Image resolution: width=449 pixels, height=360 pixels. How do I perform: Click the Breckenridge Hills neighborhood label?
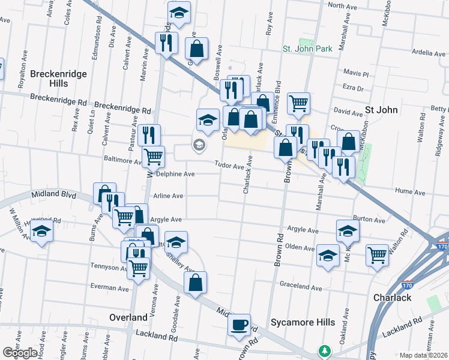59,78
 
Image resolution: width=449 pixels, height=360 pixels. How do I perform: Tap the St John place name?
379,110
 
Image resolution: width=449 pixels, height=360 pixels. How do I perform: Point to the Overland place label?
128,317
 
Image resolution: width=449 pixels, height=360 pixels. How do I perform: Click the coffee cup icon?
240,325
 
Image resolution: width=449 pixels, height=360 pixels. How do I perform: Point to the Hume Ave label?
410,192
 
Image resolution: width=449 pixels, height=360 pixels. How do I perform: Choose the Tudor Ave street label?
230,166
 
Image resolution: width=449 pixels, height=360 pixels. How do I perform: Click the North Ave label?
343,5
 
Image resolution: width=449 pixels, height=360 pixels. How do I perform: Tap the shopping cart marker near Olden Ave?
378,256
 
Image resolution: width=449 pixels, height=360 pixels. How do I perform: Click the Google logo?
20,353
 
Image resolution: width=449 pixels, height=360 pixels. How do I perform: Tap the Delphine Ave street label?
175,174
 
